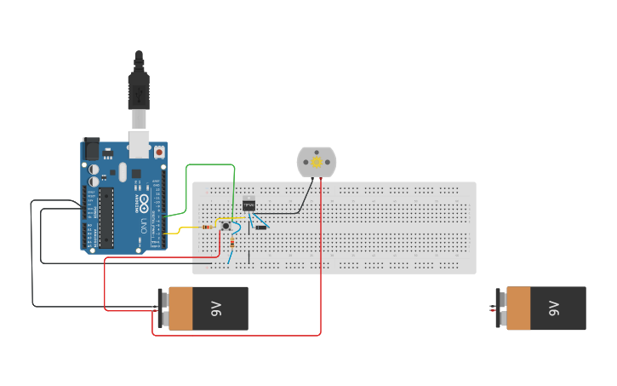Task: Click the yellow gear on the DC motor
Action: tap(317, 162)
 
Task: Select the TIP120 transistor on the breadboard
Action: tap(249, 205)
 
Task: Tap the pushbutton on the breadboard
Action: tap(227, 226)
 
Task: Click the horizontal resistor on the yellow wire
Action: tap(209, 228)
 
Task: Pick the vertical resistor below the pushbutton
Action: tap(232, 243)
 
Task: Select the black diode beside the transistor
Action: tap(261, 228)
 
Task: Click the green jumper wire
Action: tap(209, 164)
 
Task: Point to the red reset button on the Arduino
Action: tap(159, 152)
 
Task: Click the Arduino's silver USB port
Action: tap(138, 144)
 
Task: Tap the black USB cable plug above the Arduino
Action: tap(138, 90)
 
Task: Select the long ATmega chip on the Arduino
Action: tap(106, 218)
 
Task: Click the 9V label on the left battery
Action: tap(216, 308)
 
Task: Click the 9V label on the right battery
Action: tap(554, 308)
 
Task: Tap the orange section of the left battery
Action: tap(182, 308)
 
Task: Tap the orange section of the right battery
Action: tap(519, 308)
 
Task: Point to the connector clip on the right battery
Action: tap(500, 308)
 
